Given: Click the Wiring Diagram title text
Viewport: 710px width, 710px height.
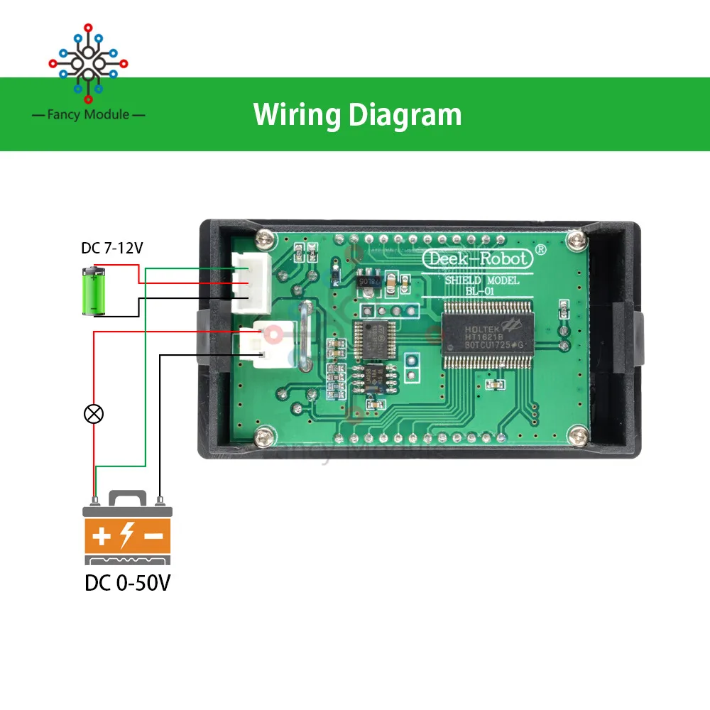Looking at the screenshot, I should point(357,114).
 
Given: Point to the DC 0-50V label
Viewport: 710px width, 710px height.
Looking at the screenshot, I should point(128,583).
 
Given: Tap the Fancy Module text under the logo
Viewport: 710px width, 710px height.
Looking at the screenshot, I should point(89,114).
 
